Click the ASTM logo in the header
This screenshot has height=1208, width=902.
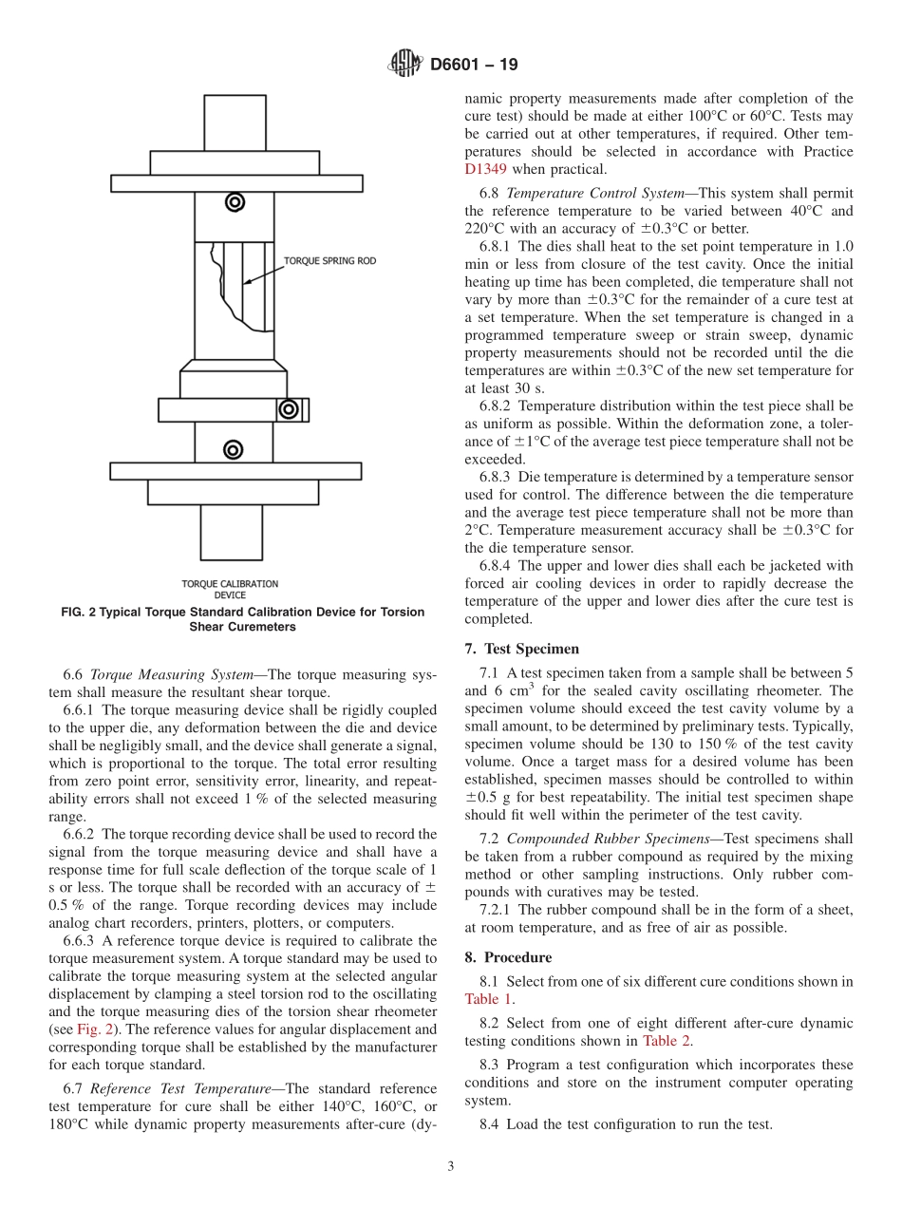[405, 65]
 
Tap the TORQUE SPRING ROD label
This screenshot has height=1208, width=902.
[330, 260]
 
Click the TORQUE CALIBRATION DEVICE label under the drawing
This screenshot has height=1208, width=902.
[230, 589]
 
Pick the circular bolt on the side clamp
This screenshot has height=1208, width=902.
[288, 409]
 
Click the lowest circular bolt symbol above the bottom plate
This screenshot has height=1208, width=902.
[234, 449]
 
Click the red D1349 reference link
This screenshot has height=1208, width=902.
[485, 169]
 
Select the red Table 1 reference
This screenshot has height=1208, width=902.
[488, 998]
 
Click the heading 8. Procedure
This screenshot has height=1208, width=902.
[508, 957]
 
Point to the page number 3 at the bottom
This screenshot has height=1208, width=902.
[451, 1167]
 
